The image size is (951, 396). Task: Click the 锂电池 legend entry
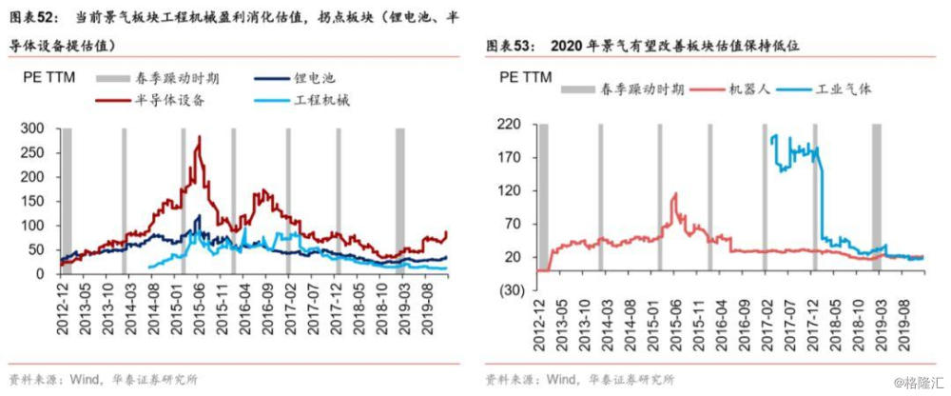pyautogui.click(x=294, y=78)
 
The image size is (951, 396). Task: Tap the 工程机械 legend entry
pyautogui.click(x=301, y=101)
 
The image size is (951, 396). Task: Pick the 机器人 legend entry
pyautogui.click(x=731, y=89)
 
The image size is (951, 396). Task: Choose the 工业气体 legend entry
pyautogui.click(x=826, y=89)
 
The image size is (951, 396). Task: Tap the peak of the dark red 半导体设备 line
pyautogui.click(x=200, y=137)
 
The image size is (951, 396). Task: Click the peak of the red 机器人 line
pyautogui.click(x=675, y=194)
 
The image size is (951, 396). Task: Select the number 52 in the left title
pyautogui.click(x=46, y=18)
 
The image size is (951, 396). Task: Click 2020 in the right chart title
pyautogui.click(x=565, y=46)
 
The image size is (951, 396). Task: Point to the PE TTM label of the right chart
pyautogui.click(x=526, y=77)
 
